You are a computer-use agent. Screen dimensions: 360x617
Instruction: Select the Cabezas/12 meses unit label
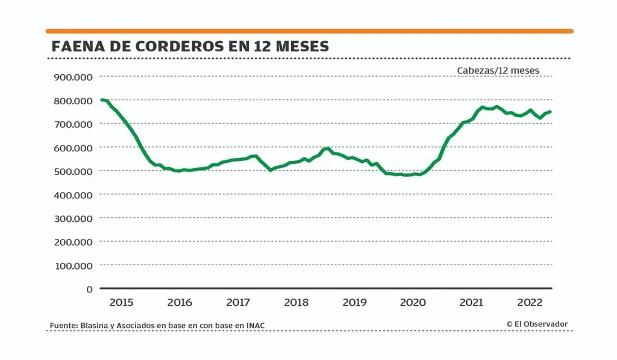click(498, 71)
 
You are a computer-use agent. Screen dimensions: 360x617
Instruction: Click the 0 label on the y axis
click(89, 289)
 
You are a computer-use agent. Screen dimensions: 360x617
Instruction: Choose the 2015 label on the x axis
click(121, 302)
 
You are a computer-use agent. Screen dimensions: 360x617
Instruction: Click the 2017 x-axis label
click(238, 302)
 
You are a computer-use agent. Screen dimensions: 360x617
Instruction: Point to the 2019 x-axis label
click(355, 302)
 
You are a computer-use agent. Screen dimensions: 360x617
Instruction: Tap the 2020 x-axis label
click(413, 302)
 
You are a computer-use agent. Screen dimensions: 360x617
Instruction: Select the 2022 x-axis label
click(530, 302)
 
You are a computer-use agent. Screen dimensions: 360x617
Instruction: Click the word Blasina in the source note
click(94, 326)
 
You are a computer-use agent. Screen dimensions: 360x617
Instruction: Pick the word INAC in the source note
click(255, 326)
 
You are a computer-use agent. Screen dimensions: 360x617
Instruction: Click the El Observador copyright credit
click(537, 324)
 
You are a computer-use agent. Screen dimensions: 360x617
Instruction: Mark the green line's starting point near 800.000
click(101, 99)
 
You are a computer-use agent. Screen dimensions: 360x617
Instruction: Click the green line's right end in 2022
click(550, 112)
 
